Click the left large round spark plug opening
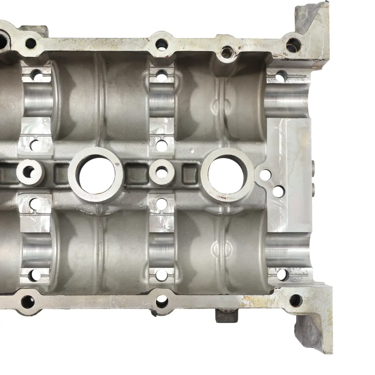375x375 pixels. tap(95, 174)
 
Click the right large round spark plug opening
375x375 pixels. tap(227, 175)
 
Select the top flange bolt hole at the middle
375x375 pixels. tap(161, 44)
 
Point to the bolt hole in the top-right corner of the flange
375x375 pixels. tap(293, 44)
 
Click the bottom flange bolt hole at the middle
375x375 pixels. tap(161, 301)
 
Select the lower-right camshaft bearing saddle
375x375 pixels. tap(286, 248)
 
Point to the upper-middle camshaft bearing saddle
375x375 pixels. tap(161, 101)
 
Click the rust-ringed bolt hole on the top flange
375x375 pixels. tap(227, 52)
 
